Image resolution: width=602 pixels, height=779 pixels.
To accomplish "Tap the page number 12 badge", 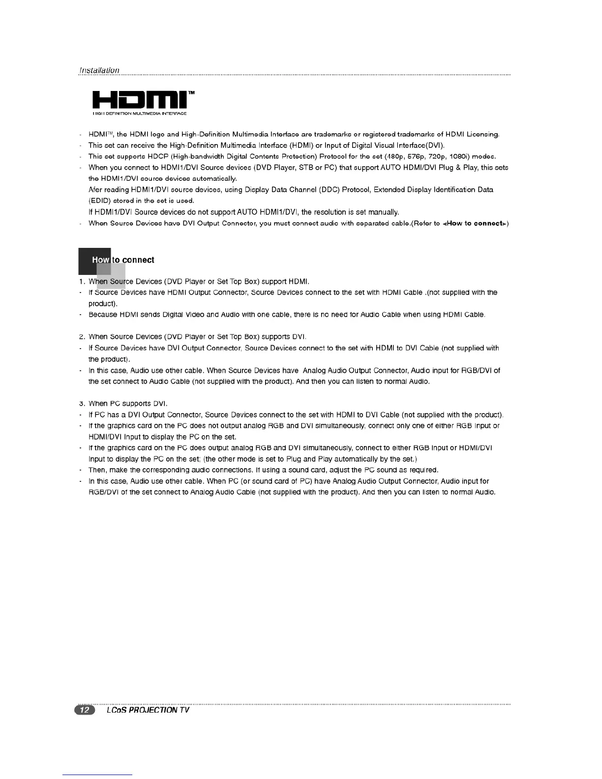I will click(84, 710).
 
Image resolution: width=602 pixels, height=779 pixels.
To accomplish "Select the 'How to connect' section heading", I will click(123, 260).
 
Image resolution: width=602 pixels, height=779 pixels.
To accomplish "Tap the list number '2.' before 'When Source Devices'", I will click(82, 337).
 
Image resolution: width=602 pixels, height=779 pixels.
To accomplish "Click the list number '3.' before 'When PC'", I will click(82, 404).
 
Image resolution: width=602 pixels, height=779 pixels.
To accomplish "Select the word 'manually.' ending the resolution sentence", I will click(381, 212).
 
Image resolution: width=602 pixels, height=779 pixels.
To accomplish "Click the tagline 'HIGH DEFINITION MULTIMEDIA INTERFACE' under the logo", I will click(139, 114).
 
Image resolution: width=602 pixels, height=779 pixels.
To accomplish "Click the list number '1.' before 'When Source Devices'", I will click(82, 282).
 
